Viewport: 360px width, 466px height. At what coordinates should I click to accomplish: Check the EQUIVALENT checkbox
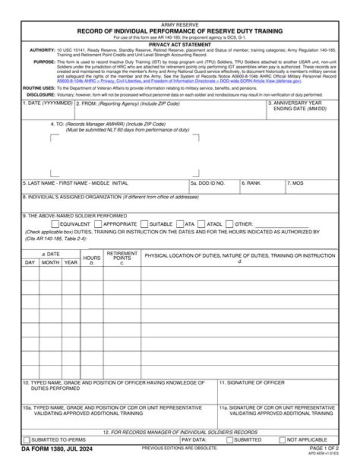pos(55,224)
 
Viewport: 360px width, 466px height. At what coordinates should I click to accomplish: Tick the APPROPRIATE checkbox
pos(98,224)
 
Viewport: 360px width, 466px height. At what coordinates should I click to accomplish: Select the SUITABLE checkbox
pos(144,224)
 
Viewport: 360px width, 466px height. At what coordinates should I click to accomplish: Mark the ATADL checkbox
pos(201,224)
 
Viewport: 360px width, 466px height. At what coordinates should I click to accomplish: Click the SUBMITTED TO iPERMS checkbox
pos(26,440)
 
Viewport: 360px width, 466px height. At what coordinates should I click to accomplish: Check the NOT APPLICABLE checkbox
pos(282,440)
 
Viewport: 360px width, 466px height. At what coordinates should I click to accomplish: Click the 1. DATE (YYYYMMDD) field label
pos(48,104)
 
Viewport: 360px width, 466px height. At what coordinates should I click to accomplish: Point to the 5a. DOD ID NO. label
pos(208,183)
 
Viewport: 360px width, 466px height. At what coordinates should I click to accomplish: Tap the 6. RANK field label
pos(251,183)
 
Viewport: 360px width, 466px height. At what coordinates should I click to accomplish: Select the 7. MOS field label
pos(295,183)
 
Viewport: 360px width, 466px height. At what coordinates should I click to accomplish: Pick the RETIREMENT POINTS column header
pos(122,256)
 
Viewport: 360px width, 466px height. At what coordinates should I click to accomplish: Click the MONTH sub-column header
pos(50,262)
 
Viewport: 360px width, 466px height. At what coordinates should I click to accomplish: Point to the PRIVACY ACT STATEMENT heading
pos(179,45)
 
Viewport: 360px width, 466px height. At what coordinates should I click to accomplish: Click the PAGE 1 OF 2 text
pos(324,448)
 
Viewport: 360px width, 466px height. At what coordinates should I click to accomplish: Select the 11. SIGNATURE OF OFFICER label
pos(252,383)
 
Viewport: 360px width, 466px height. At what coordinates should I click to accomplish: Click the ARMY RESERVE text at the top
pos(179,25)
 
